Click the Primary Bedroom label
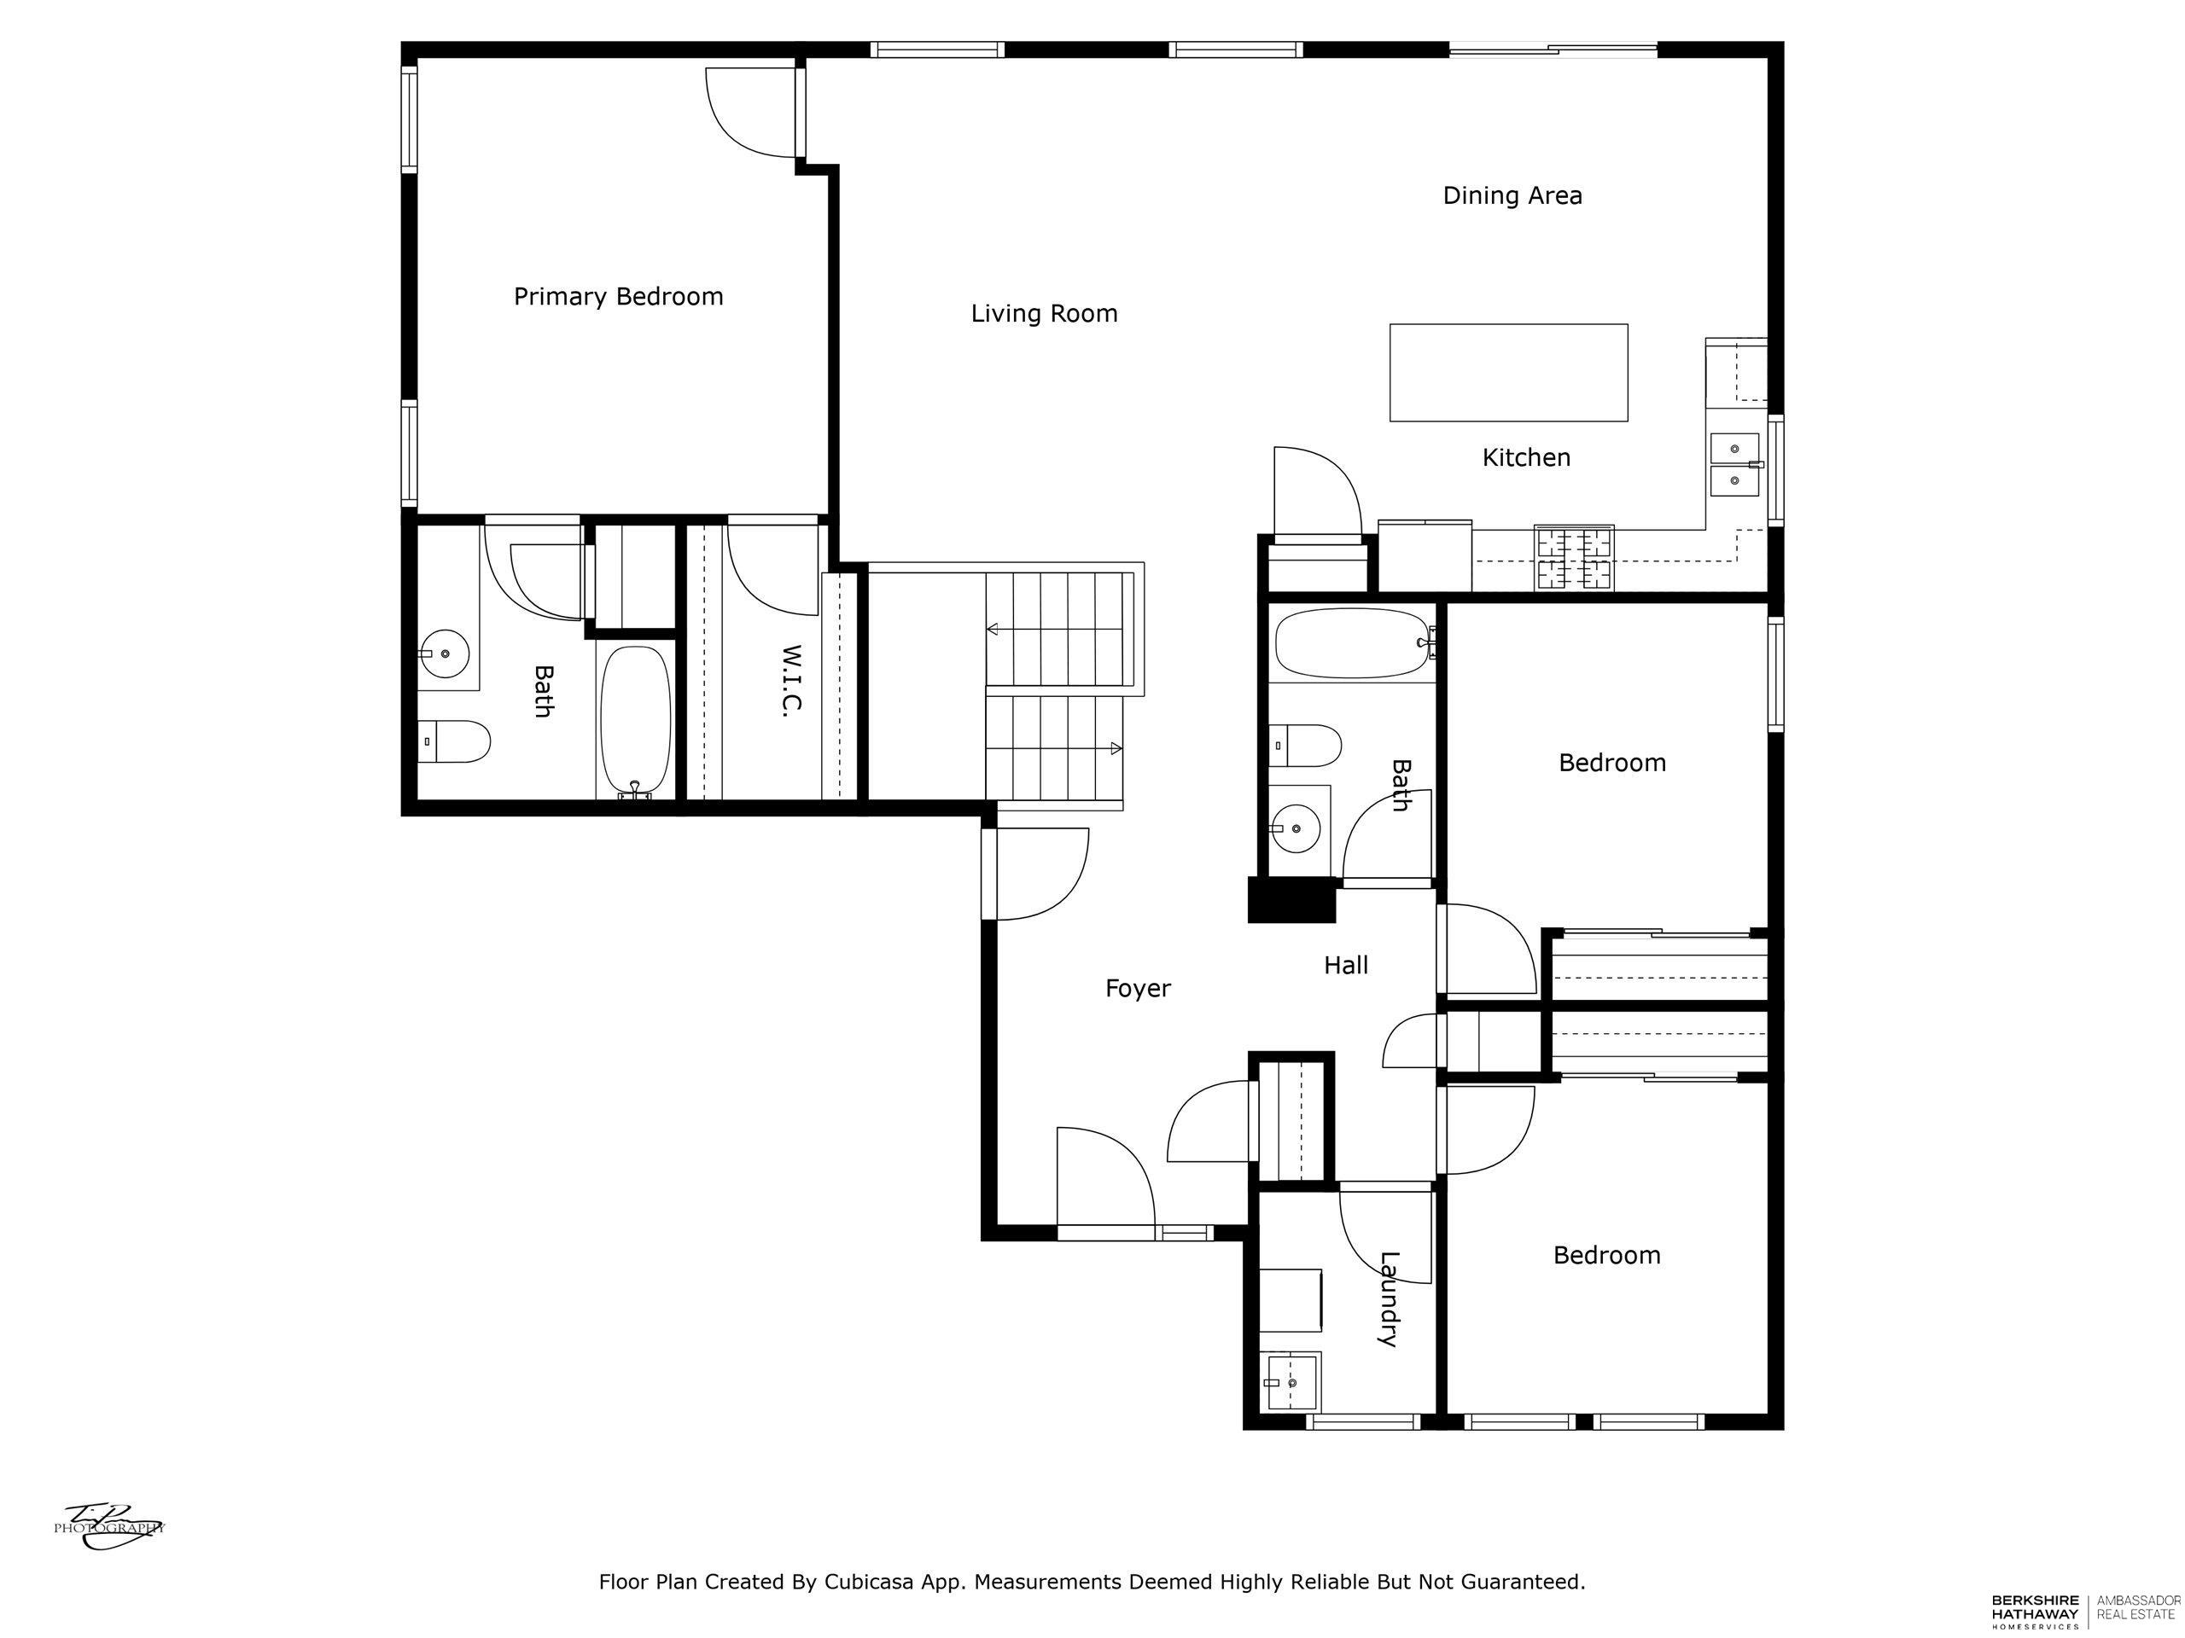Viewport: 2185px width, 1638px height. [618, 296]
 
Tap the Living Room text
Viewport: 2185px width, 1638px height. [1044, 314]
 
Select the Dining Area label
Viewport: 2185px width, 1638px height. [1512, 195]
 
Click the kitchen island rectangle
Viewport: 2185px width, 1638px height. [1508, 372]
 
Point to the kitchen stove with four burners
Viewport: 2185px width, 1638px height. [1574, 558]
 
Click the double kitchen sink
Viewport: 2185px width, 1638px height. [1734, 464]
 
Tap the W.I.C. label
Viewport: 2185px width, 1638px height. [790, 679]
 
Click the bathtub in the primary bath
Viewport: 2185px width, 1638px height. [636, 721]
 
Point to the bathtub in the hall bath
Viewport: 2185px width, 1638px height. [1351, 642]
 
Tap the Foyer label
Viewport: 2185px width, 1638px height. [1138, 988]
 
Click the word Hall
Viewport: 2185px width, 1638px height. [1345, 966]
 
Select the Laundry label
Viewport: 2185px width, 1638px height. [1389, 1298]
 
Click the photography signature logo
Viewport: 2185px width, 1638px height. [108, 1525]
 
